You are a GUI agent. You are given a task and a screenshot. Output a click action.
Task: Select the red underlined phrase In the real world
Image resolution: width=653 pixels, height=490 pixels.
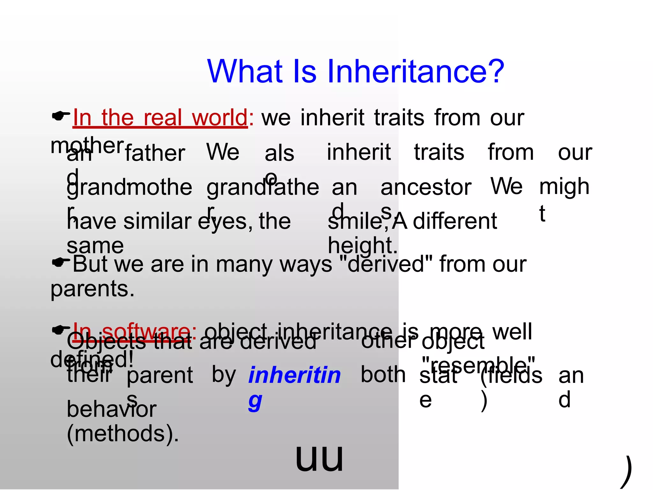160,118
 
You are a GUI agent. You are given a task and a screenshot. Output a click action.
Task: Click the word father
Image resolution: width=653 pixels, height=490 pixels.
155,153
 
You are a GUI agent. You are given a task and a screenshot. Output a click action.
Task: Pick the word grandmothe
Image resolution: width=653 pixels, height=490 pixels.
129,187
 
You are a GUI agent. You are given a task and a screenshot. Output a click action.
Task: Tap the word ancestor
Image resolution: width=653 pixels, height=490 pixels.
426,187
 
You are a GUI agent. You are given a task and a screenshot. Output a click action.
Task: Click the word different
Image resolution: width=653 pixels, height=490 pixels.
455,221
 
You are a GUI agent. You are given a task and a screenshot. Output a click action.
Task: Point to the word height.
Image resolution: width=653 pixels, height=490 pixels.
363,246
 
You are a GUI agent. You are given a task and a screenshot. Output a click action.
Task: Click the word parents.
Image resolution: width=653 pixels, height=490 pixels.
92,289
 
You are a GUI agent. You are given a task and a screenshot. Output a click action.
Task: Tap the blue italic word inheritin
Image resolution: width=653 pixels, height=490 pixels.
295,375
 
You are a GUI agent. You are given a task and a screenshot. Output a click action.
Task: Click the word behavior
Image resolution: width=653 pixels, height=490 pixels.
112,409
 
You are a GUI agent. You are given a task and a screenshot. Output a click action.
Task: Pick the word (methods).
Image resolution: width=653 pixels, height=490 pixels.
123,434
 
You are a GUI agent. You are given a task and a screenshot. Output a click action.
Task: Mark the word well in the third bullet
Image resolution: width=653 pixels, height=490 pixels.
512,332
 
